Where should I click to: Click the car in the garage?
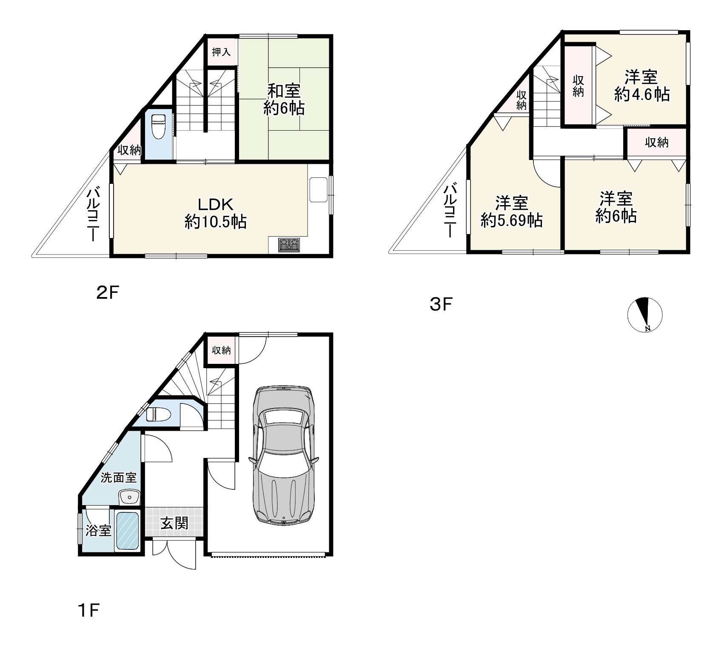coord(283,454)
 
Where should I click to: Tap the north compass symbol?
coord(645,314)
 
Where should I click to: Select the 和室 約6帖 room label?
coord(284,100)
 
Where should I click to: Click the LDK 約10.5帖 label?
coord(216,213)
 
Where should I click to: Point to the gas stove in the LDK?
coord(289,245)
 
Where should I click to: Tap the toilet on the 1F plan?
coord(158,414)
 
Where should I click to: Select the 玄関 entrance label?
coord(174,523)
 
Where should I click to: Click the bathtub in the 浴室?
coord(128,530)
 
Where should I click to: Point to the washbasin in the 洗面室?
coord(129,497)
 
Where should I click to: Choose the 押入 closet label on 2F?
coord(221,52)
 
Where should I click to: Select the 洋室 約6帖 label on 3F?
coord(616,208)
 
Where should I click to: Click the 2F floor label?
coord(107,293)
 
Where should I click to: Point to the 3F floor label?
coord(441,304)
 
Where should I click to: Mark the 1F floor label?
coord(88,612)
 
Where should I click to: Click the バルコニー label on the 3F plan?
coord(451,210)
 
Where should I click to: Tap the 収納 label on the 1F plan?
coord(221,350)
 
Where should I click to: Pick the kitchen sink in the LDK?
coord(319,189)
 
